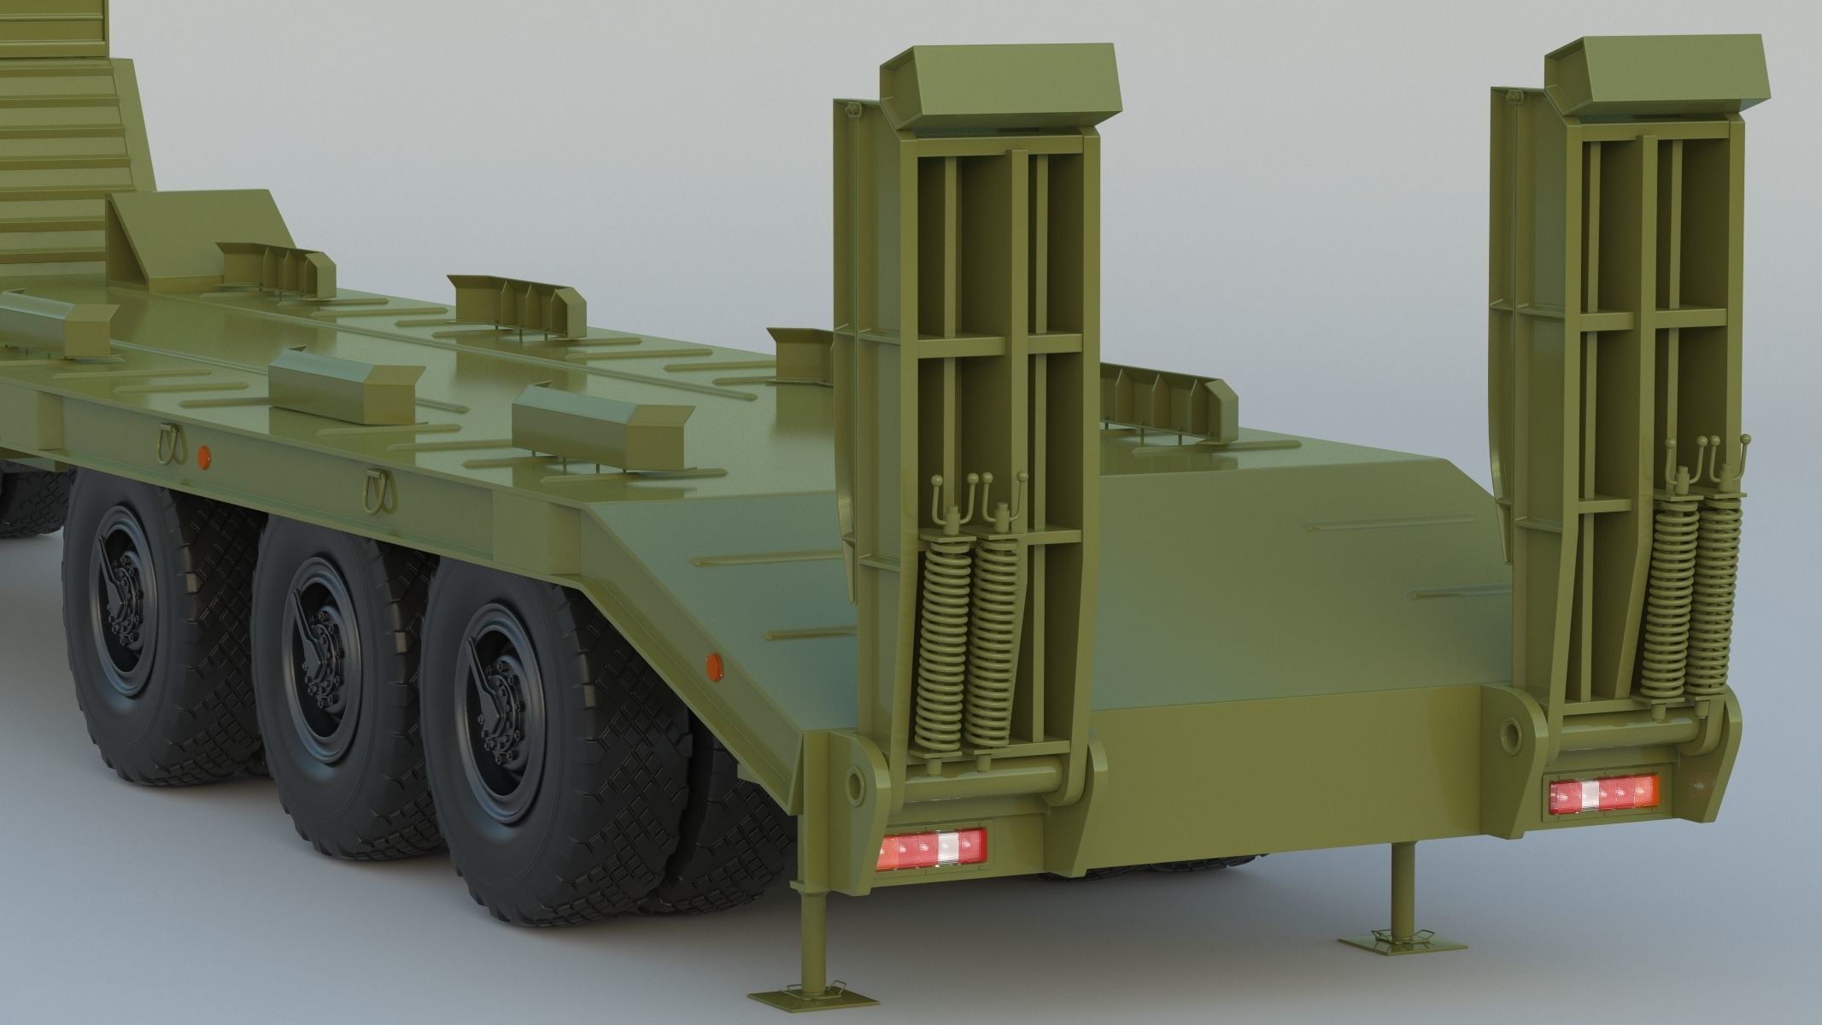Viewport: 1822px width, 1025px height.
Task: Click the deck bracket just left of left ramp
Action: point(799,342)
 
